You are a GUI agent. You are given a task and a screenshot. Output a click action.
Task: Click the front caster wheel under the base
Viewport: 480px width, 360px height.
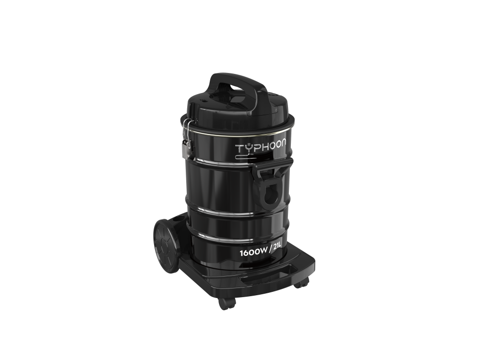(227, 303)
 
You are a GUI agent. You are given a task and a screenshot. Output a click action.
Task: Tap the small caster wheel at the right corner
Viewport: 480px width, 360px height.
(301, 282)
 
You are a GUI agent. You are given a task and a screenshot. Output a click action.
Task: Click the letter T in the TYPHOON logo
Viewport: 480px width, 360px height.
(239, 149)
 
